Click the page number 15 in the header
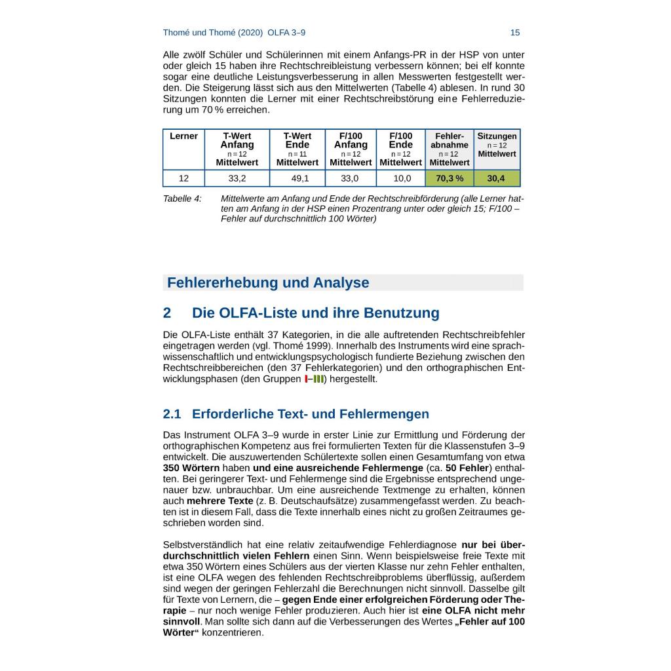coord(514,33)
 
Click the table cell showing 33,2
coord(237,178)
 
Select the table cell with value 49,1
coord(297,178)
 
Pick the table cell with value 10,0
coord(401,178)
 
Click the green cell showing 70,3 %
coord(450,178)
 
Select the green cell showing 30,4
coord(496,178)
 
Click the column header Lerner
coord(183,136)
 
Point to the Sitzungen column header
coord(497,136)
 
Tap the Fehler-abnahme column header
coord(450,141)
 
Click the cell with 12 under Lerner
coord(183,178)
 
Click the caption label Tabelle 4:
coord(182,199)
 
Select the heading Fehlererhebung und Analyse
coord(268,283)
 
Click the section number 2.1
coord(173,414)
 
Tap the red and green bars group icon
coord(315,379)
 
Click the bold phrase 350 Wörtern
coord(191,468)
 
